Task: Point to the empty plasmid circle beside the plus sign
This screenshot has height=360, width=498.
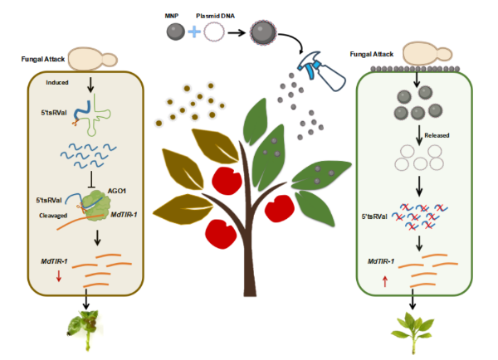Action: click(x=214, y=32)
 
